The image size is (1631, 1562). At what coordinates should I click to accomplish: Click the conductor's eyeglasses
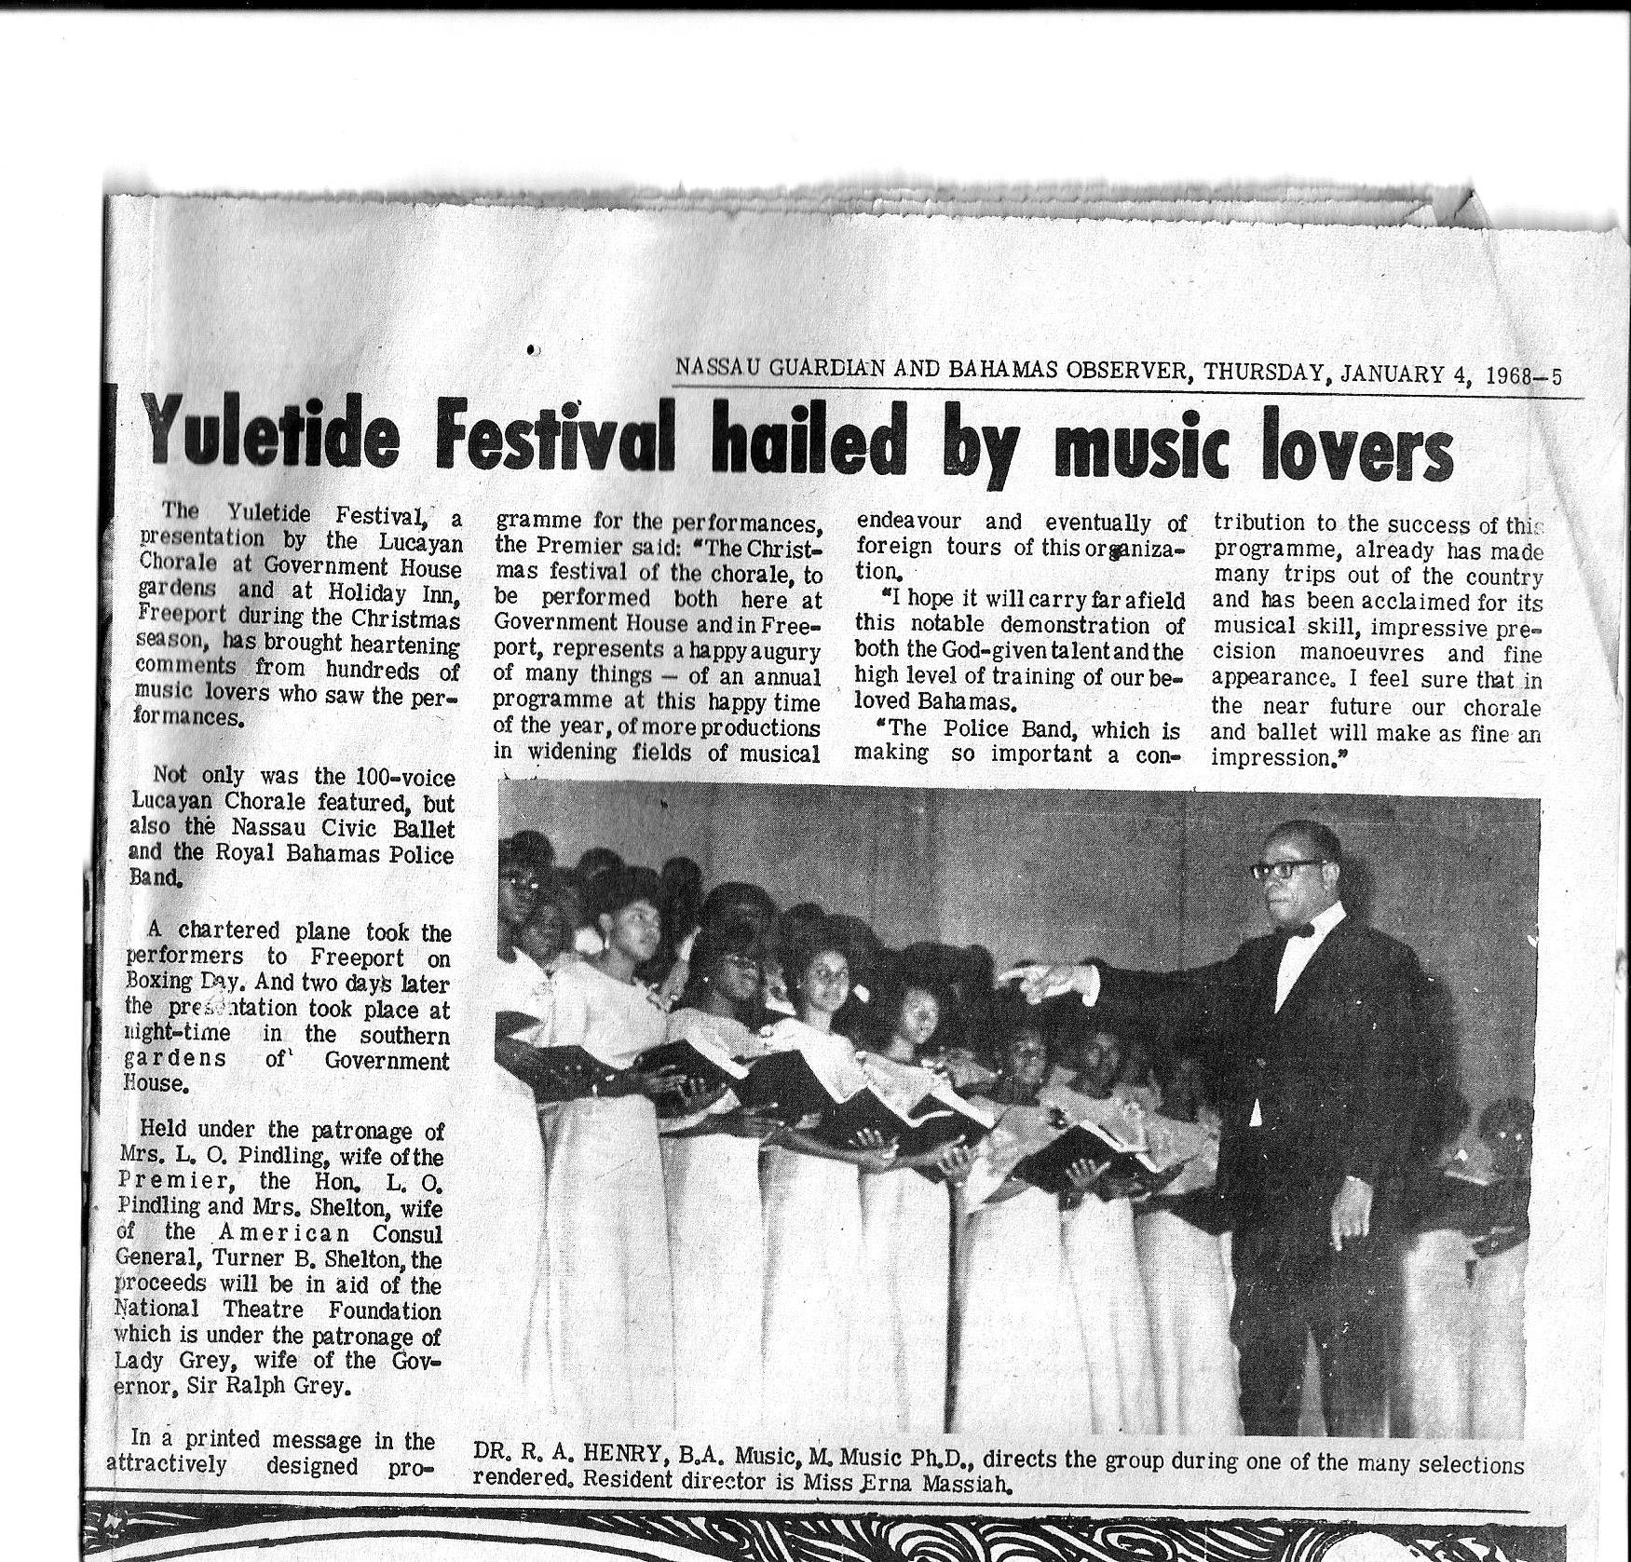1284,869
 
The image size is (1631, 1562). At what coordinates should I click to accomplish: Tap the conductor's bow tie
1301,930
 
